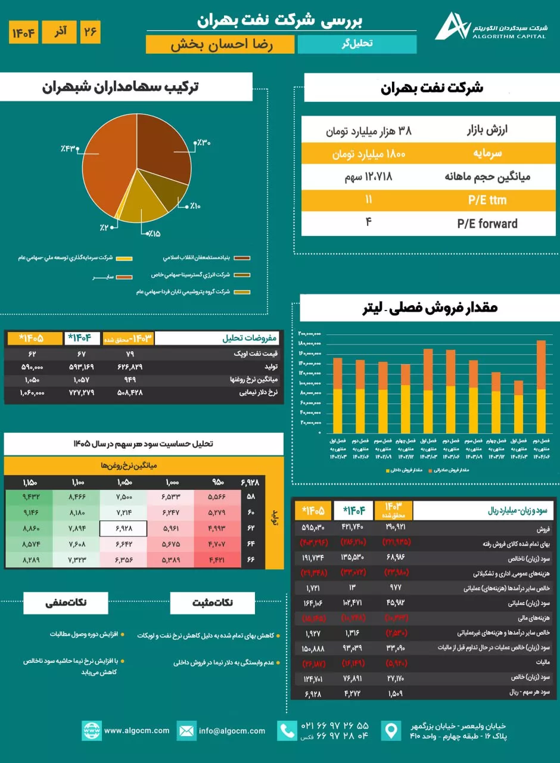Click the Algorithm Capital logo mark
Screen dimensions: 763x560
pyautogui.click(x=452, y=26)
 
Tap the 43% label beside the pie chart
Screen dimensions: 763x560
pyautogui.click(x=69, y=147)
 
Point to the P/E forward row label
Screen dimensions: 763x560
pyautogui.click(x=487, y=224)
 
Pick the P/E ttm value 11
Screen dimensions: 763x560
pyautogui.click(x=369, y=200)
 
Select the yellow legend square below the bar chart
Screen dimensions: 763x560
pyautogui.click(x=387, y=470)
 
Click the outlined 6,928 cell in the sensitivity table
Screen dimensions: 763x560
pyautogui.click(x=123, y=528)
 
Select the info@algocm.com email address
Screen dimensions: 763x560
pyautogui.click(x=232, y=730)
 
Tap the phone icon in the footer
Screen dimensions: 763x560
pyautogui.click(x=288, y=730)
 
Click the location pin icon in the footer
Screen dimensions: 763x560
pyautogui.click(x=391, y=730)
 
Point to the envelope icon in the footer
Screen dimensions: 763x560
pyautogui.click(x=186, y=730)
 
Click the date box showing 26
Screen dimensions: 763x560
pyautogui.click(x=90, y=32)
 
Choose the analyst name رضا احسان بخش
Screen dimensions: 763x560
pyautogui.click(x=221, y=45)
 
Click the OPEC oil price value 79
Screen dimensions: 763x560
pyautogui.click(x=131, y=353)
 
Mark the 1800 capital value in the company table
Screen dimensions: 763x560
pyautogui.click(x=369, y=153)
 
